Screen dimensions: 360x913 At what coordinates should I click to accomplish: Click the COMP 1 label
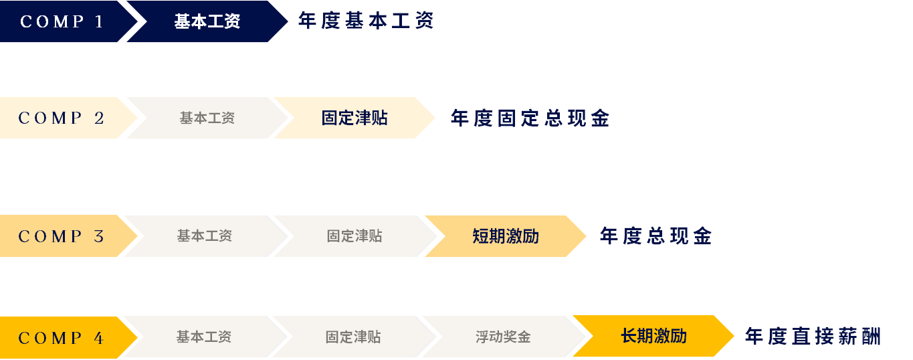(x=62, y=21)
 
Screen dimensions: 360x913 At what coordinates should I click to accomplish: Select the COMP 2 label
(x=62, y=118)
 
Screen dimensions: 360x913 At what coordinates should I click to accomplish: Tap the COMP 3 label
(x=62, y=236)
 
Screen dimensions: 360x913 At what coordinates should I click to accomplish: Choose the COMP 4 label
(x=61, y=338)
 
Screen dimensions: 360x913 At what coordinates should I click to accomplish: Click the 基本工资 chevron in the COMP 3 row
(x=204, y=236)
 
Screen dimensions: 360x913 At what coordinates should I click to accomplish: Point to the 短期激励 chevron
(x=506, y=236)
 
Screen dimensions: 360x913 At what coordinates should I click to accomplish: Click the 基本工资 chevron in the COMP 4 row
(x=203, y=337)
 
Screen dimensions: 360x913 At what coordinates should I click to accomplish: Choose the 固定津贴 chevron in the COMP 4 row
(x=353, y=337)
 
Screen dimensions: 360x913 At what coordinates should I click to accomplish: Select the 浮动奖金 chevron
(x=503, y=337)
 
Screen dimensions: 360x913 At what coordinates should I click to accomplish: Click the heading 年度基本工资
(x=366, y=21)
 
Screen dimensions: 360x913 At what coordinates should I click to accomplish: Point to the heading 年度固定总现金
(x=530, y=119)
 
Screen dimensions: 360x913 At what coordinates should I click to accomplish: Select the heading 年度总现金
(x=655, y=236)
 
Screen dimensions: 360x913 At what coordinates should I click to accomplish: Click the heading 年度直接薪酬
(x=813, y=337)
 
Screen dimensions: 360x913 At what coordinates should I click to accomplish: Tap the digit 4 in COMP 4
(x=99, y=338)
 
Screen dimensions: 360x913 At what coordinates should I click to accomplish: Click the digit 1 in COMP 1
(x=100, y=21)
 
